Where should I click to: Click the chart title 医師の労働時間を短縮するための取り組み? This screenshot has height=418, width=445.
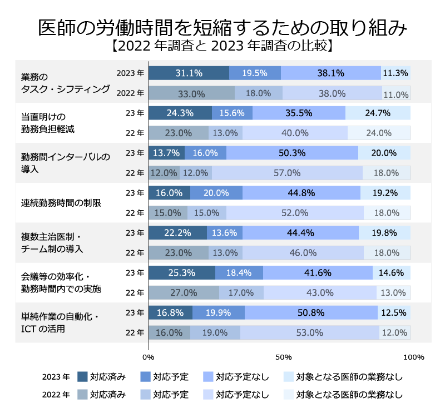point(222,27)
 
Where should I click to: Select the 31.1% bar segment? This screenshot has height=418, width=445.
point(189,73)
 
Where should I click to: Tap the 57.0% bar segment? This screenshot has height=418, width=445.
point(287,173)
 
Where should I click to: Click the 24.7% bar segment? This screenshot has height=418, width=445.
point(378,113)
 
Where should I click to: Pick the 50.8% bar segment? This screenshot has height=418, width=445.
point(311,312)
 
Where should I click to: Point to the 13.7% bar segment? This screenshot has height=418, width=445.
point(167,153)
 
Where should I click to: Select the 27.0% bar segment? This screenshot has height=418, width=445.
point(184,292)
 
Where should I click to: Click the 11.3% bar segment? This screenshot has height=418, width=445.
point(395,73)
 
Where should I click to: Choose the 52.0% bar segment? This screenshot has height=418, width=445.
point(295,213)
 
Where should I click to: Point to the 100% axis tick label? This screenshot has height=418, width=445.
point(413,357)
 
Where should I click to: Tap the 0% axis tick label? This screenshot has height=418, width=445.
point(149,357)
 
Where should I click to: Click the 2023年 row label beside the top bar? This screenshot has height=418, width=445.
point(130,73)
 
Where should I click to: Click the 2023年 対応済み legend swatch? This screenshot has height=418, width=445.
point(82,377)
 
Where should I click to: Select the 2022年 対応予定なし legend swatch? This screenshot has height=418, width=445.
point(209,395)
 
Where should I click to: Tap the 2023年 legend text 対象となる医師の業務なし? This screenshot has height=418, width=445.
point(350,377)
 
